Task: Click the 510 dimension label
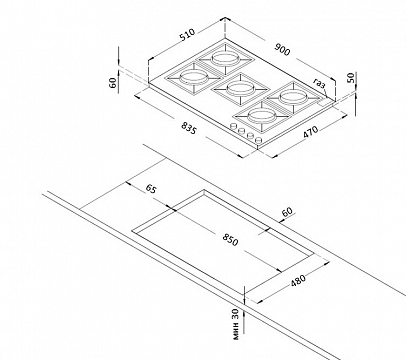tap(187, 35)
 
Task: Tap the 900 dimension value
tap(282, 49)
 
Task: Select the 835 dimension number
tap(188, 128)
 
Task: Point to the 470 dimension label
tap(311, 131)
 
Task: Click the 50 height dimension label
tap(350, 78)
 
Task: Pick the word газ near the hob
tap(319, 84)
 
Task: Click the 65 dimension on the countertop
tap(151, 189)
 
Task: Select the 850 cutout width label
tap(230, 240)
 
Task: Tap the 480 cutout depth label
tap(298, 280)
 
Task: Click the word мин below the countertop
tap(236, 331)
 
